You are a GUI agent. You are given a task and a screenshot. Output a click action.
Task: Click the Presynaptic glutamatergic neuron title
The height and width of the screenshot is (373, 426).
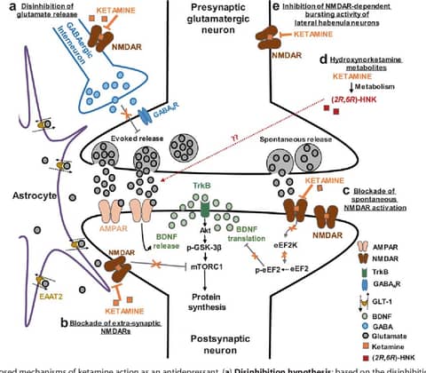tap(209, 18)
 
